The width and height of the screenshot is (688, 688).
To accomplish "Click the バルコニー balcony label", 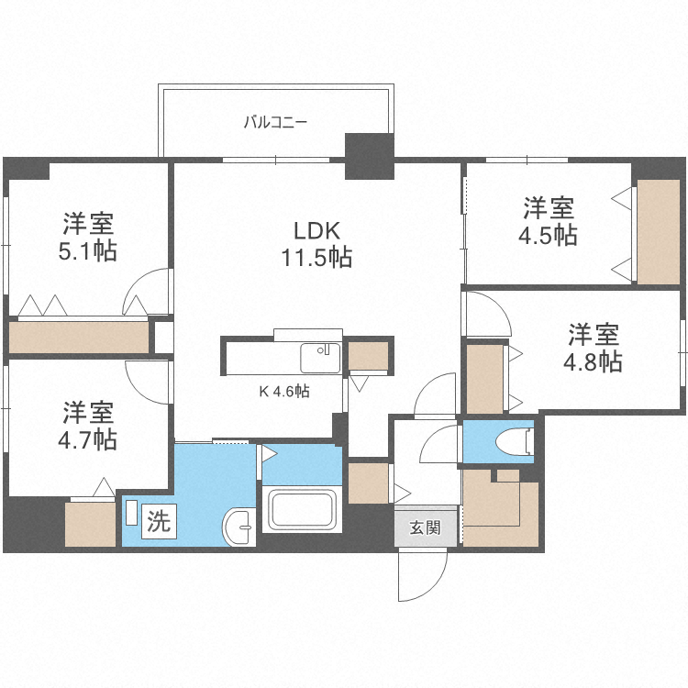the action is (275, 121).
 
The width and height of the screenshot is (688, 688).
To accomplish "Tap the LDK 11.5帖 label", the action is (316, 244).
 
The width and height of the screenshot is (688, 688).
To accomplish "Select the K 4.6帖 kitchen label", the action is (284, 391).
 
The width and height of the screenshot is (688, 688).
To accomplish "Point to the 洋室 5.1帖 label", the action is (88, 237).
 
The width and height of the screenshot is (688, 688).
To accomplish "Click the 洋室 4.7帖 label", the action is (88, 426).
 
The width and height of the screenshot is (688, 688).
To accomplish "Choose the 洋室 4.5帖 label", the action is (548, 222).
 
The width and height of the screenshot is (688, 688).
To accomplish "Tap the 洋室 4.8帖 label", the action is (593, 348).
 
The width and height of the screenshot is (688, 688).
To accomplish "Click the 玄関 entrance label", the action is (425, 527).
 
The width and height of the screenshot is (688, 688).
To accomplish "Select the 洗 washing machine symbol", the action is (159, 521).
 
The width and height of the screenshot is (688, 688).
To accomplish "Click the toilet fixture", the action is (515, 441).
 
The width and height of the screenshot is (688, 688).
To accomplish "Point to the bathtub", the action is (302, 510).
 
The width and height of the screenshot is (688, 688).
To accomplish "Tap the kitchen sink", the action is (320, 358).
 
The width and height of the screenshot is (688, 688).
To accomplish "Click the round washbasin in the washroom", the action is (239, 527).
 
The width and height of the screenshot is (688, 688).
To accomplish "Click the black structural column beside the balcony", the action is (370, 156).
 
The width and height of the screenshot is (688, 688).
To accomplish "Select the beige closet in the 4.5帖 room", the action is (658, 231).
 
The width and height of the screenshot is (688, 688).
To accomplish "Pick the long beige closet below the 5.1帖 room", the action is (79, 337).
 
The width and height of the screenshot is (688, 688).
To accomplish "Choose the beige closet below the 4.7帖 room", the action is (91, 525).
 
